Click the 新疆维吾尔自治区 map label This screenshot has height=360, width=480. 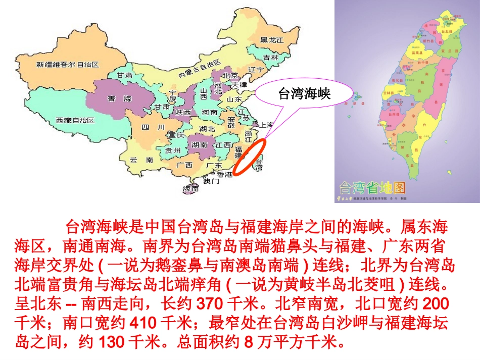click(67, 65)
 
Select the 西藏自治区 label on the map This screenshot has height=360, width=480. click(75, 120)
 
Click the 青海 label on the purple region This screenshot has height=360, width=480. click(119, 99)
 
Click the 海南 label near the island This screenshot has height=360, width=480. click(191, 188)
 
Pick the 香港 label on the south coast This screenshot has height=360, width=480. click(225, 175)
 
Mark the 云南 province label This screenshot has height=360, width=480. click(141, 160)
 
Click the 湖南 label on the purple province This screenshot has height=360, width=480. click(200, 144)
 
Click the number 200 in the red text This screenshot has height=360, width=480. click(435, 304)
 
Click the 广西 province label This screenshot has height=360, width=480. click(184, 165)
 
